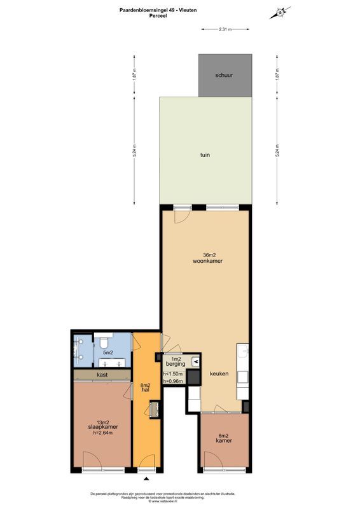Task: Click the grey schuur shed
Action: [x=224, y=75]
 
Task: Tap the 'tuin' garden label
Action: [x=204, y=155]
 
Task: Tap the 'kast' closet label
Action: [x=101, y=375]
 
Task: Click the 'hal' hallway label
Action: [x=145, y=389]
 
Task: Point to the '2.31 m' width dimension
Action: [x=225, y=29]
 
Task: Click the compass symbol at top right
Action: [x=280, y=12]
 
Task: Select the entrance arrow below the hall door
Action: [x=147, y=479]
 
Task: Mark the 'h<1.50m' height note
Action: [x=172, y=374]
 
